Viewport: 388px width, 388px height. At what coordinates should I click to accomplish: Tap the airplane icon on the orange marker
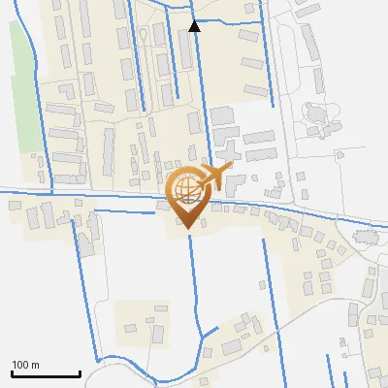pyautogui.click(x=213, y=177)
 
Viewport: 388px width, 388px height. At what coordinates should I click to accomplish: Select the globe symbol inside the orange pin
pyautogui.click(x=184, y=192)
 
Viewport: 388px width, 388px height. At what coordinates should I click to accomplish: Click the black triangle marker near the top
pyautogui.click(x=195, y=26)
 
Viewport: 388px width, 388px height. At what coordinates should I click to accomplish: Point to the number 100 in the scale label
pyautogui.click(x=21, y=365)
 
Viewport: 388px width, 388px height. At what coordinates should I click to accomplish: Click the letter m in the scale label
pyautogui.click(x=36, y=365)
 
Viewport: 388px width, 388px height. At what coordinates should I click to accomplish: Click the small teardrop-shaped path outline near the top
pyautogui.click(x=144, y=35)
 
